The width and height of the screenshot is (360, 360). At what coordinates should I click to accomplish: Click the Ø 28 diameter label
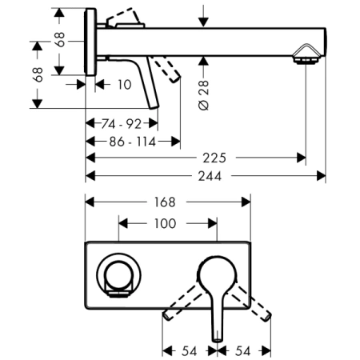click(x=205, y=97)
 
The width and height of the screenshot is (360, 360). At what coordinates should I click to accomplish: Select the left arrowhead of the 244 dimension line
click(x=90, y=176)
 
